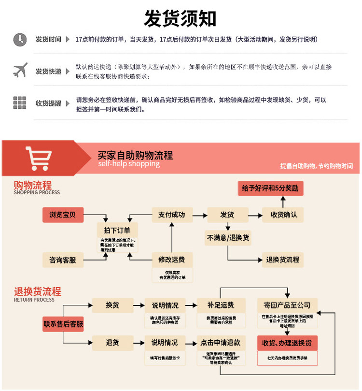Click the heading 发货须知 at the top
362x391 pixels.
(x=180, y=18)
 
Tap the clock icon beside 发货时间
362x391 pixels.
(x=20, y=39)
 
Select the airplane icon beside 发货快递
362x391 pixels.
(x=20, y=71)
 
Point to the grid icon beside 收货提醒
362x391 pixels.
(x=20, y=102)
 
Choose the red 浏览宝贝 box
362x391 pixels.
(x=62, y=214)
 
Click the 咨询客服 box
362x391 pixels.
(x=62, y=260)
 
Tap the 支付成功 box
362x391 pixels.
(x=172, y=214)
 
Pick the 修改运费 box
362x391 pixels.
(x=172, y=260)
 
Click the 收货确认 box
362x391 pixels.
(x=283, y=214)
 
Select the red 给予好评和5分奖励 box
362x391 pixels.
(x=270, y=188)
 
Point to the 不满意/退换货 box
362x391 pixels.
(x=228, y=237)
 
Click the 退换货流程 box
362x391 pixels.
(x=283, y=260)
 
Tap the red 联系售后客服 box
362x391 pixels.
(x=63, y=324)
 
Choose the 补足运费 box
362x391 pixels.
(x=220, y=305)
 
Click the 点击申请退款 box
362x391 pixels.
(x=220, y=343)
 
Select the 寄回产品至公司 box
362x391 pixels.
(x=287, y=305)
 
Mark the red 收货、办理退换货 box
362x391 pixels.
(x=287, y=343)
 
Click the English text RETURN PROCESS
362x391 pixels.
(x=34, y=300)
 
